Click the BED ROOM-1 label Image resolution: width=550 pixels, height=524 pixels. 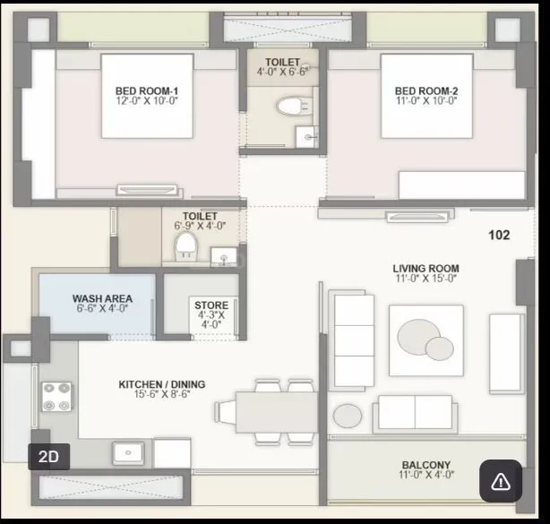[147, 90]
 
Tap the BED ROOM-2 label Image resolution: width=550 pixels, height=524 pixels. [426, 90]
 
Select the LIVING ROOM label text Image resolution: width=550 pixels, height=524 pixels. [425, 268]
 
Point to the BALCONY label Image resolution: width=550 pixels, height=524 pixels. [425, 465]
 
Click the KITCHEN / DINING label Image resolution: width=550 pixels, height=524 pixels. [162, 384]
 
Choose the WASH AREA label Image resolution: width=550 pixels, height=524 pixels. [103, 298]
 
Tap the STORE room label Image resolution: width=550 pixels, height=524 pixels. [211, 305]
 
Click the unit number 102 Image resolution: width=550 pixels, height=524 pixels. [499, 235]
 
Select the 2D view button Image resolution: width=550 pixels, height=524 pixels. [49, 457]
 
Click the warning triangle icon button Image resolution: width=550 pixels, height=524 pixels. [501, 482]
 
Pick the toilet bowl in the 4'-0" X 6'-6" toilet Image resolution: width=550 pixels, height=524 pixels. [289, 107]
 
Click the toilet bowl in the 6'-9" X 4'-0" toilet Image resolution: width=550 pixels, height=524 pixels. [184, 245]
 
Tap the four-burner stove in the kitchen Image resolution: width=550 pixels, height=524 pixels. [57, 398]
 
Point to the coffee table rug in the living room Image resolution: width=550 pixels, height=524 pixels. [426, 339]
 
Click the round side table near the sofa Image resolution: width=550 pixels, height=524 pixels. [347, 416]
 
